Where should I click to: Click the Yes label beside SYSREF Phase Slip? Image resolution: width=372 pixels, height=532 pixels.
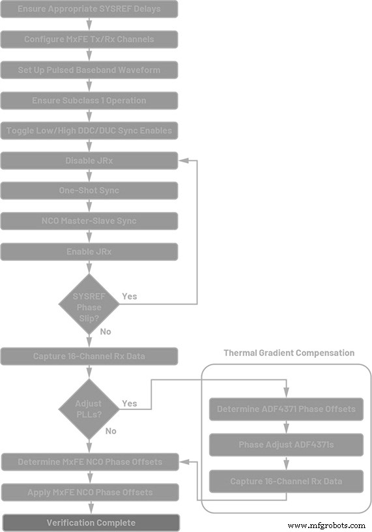click(x=130, y=296)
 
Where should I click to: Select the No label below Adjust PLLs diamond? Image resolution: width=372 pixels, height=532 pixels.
click(x=111, y=431)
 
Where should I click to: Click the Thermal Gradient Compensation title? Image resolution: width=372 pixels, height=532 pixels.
click(x=289, y=353)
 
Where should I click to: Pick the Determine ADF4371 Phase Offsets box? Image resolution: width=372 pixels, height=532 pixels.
click(x=286, y=409)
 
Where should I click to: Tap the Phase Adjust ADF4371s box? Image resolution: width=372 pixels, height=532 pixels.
click(x=286, y=445)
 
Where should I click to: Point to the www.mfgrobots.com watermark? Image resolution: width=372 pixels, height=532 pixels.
click(x=326, y=525)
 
